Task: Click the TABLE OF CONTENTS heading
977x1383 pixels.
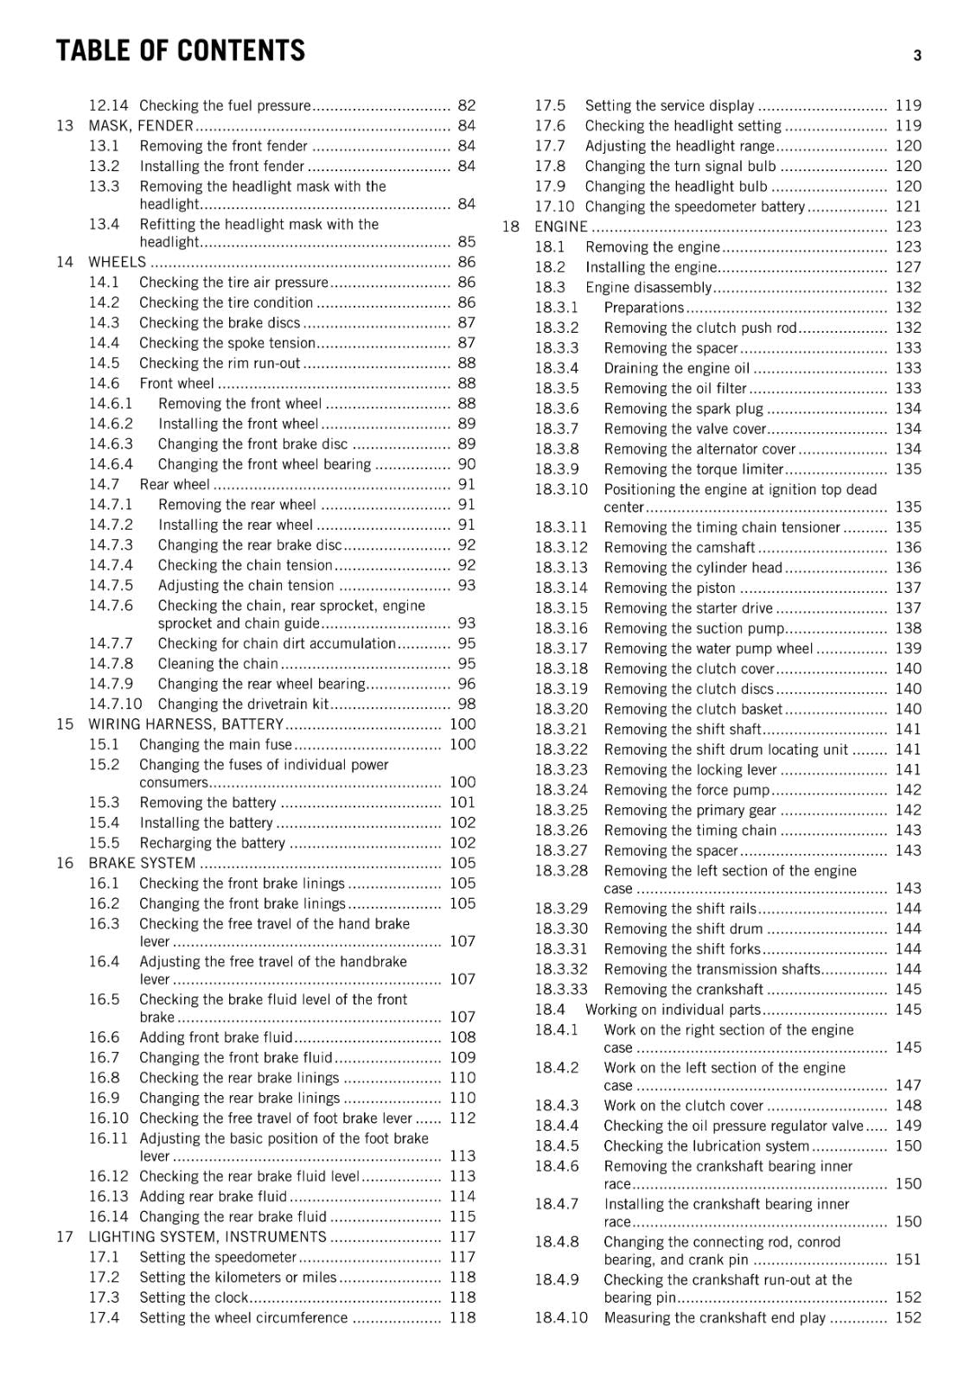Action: [180, 51]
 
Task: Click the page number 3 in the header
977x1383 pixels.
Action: [916, 56]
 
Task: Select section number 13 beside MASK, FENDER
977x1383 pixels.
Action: [65, 125]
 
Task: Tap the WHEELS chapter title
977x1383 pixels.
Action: [117, 262]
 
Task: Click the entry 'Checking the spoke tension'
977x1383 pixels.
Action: [227, 343]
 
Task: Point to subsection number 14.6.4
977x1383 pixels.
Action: [111, 464]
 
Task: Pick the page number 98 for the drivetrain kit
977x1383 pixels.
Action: [466, 704]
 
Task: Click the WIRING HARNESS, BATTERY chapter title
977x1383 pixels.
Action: [186, 724]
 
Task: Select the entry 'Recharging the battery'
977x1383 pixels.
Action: [212, 843]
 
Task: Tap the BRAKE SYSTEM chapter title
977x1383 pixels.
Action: [142, 863]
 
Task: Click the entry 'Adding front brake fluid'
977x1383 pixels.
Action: [215, 1037]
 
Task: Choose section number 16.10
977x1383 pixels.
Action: [108, 1118]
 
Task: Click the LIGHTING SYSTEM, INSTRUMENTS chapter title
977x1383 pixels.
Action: [208, 1237]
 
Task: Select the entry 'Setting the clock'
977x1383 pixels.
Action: [193, 1297]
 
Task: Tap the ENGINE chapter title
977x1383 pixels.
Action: [560, 226]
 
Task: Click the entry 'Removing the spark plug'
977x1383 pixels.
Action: [683, 409]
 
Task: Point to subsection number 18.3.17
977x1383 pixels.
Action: [560, 648]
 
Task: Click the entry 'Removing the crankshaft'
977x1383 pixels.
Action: [683, 990]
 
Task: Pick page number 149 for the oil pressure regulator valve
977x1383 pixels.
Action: [908, 1125]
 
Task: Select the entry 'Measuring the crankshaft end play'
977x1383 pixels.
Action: [714, 1318]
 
